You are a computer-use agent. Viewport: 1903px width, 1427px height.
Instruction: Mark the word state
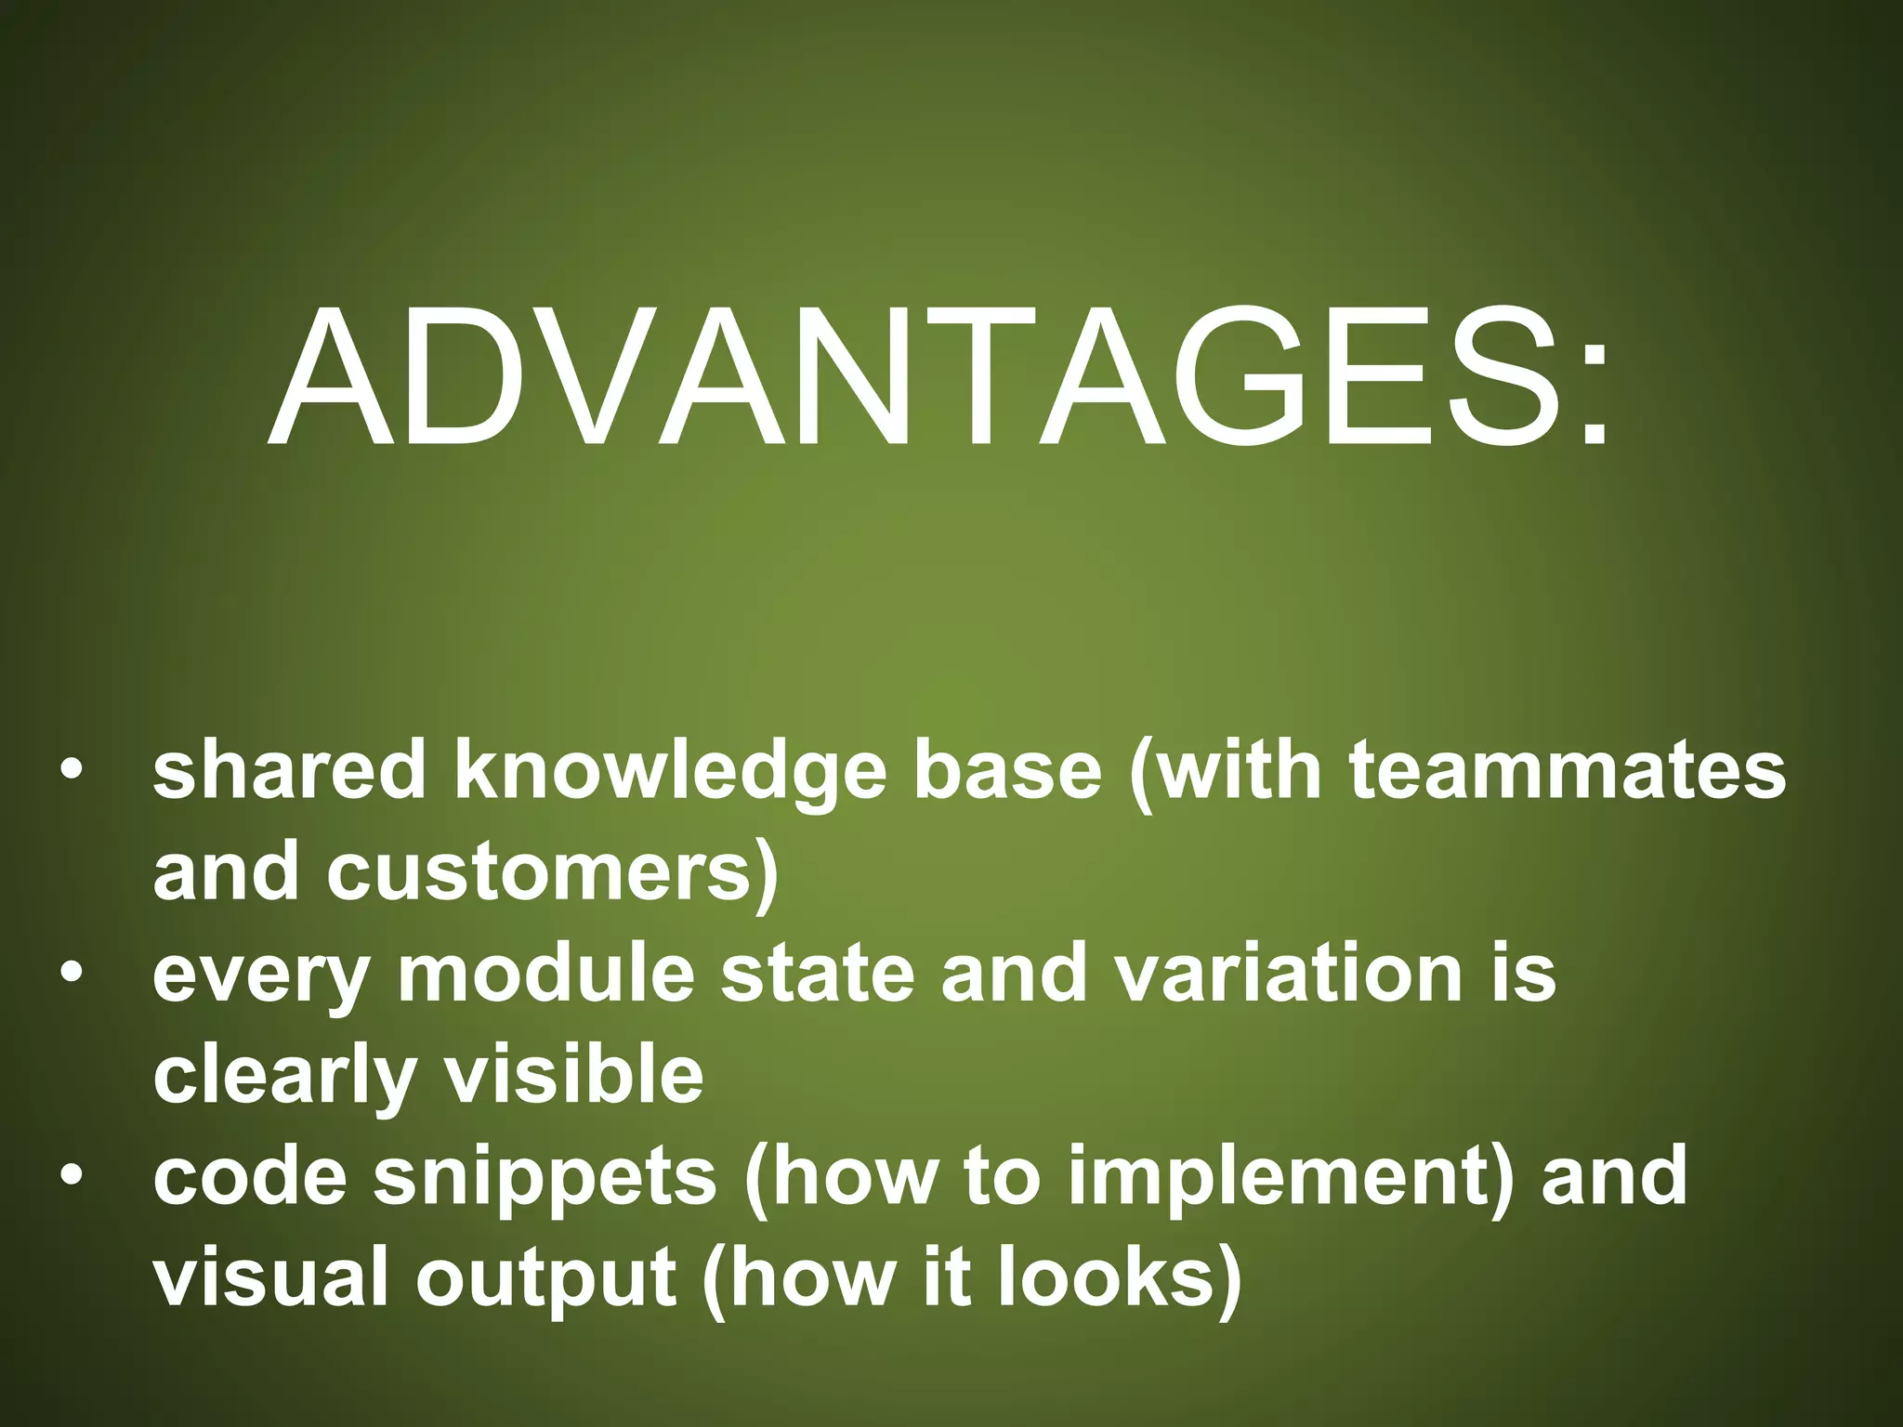point(818,975)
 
